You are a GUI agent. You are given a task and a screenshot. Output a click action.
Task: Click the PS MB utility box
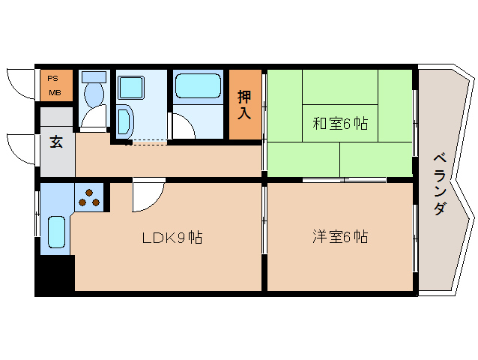(x=56, y=85)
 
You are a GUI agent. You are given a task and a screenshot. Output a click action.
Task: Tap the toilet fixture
(x=94, y=94)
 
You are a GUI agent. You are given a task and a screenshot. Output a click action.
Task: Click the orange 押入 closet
(x=245, y=104)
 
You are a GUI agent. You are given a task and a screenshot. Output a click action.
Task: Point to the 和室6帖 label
(x=339, y=124)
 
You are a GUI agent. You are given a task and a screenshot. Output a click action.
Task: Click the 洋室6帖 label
(x=339, y=238)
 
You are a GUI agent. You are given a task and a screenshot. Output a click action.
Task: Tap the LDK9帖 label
(x=173, y=238)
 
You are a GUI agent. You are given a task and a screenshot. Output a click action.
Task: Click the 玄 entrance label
(x=56, y=142)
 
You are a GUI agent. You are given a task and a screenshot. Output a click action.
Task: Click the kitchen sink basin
(x=57, y=232)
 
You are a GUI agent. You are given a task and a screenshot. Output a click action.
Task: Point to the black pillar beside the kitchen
(x=55, y=274)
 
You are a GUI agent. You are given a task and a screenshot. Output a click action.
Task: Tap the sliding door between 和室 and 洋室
(x=345, y=180)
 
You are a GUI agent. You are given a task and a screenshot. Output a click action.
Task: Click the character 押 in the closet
(x=245, y=97)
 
